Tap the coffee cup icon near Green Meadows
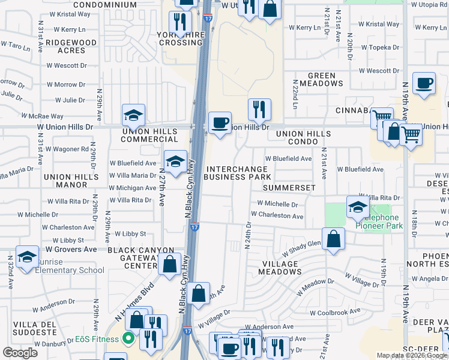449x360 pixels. (x=424, y=84)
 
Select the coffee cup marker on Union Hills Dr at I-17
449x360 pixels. (x=220, y=124)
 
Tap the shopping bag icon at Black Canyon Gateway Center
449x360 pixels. (x=170, y=263)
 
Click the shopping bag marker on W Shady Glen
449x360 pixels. (x=333, y=239)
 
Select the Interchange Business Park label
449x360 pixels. (x=237, y=173)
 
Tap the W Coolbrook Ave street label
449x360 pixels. (x=335, y=312)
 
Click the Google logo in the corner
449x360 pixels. (x=20, y=353)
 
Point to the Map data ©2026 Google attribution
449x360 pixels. (x=412, y=355)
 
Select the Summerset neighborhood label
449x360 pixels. (x=289, y=188)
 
